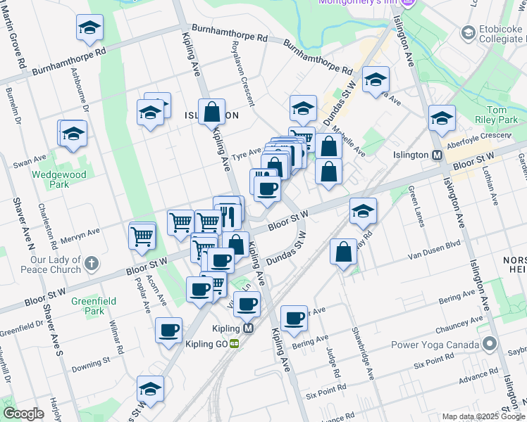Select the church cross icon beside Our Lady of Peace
(x=90, y=264)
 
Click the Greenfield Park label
(x=87, y=305)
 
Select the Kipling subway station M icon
(x=248, y=328)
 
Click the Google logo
(x=23, y=414)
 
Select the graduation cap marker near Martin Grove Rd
(x=89, y=27)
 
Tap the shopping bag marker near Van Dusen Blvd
(x=343, y=252)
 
